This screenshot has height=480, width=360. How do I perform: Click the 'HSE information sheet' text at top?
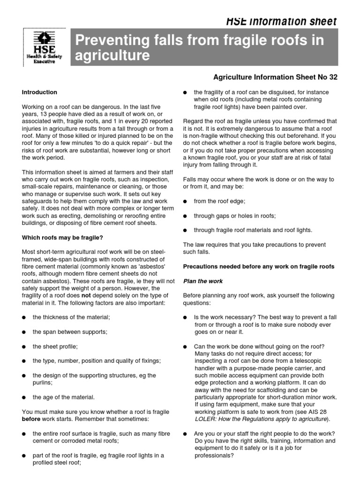pos(281,22)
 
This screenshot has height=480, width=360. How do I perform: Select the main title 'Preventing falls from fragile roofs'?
pos(199,41)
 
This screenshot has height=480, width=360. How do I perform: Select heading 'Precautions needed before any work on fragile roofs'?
pos(258,267)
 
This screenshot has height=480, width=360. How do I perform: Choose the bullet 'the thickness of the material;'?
pos(71,317)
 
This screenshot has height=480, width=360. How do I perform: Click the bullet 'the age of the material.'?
pos(64,397)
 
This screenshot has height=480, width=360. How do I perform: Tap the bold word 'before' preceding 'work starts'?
pos(31,419)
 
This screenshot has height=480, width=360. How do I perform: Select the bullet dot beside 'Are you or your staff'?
pos(186,434)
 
